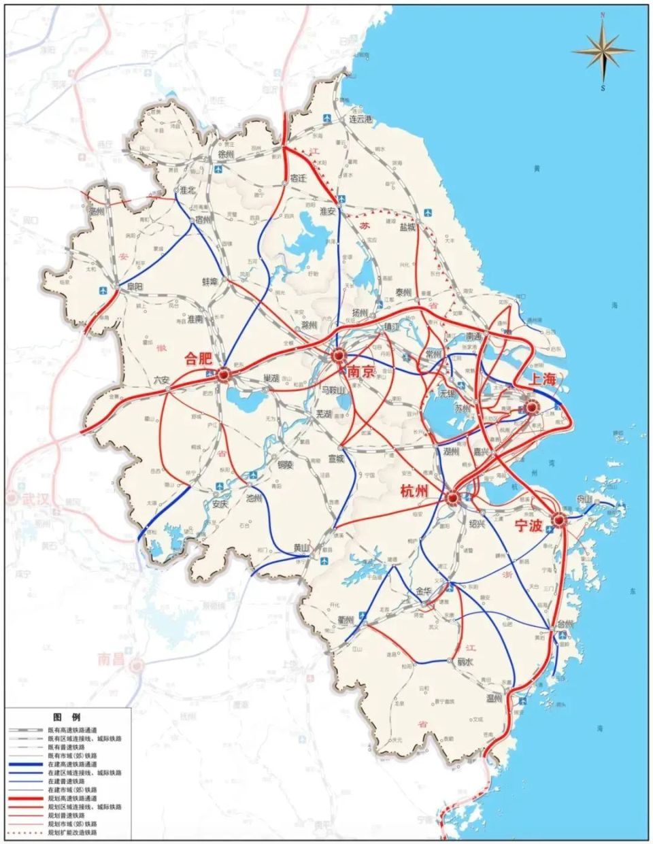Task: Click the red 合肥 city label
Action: pos(198,359)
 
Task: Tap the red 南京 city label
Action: pos(361,372)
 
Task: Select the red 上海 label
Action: pos(544,379)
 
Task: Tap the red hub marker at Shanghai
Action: pos(532,407)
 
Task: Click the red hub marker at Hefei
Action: pos(224,373)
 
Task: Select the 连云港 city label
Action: pos(361,119)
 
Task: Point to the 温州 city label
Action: pos(493,698)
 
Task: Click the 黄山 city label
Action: pos(301,548)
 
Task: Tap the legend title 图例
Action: pos(67,718)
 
